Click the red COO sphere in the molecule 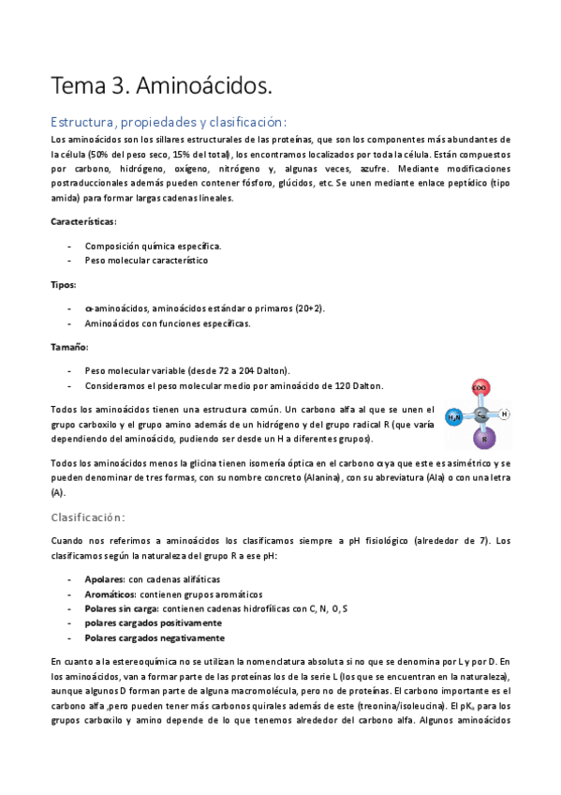point(480,386)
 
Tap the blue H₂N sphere point(454,415)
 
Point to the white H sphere point(505,413)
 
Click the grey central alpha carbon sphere point(480,413)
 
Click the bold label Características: point(83,222)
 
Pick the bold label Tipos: point(64,284)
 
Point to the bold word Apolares point(104,578)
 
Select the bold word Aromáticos point(111,593)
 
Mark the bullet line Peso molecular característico point(145,261)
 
